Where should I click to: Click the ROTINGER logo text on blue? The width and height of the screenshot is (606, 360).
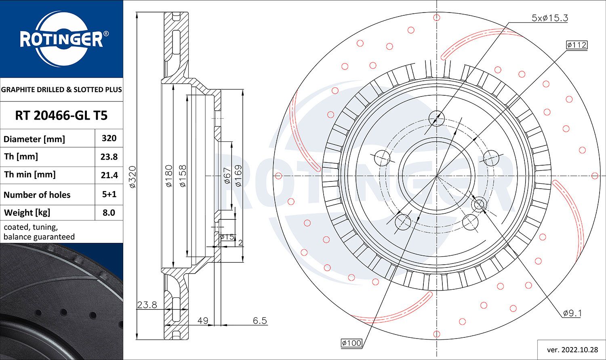click(x=61, y=40)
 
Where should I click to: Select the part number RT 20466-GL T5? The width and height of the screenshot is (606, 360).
click(x=61, y=116)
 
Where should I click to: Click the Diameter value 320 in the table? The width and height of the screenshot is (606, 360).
click(x=109, y=138)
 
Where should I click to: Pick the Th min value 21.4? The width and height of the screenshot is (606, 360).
click(x=109, y=175)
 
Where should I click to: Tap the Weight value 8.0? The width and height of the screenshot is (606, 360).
click(x=109, y=213)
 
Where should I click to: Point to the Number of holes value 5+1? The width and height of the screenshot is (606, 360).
click(x=109, y=194)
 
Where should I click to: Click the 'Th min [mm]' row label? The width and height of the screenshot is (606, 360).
click(x=30, y=175)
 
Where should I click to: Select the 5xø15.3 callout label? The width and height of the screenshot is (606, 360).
click(x=549, y=18)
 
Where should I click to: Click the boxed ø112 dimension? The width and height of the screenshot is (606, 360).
click(x=576, y=45)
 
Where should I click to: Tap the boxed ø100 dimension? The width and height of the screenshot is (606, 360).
click(x=351, y=343)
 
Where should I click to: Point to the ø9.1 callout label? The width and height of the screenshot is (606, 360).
click(x=572, y=313)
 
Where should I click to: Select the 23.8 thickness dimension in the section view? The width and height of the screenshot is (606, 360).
click(x=147, y=305)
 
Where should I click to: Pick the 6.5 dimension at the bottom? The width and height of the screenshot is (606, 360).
click(x=260, y=321)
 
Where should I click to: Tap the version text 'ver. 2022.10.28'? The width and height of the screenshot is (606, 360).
click(x=572, y=350)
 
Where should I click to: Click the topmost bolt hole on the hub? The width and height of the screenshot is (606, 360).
click(x=436, y=118)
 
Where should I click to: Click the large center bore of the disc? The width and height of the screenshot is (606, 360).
click(x=436, y=176)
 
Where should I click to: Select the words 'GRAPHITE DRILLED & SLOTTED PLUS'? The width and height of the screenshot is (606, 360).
click(x=61, y=90)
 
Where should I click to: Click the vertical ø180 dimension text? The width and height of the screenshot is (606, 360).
click(x=169, y=176)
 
